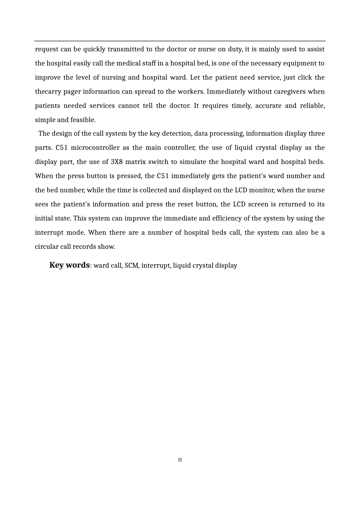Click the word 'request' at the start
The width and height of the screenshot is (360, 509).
pos(47,49)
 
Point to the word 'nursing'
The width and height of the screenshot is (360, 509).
pos(113,78)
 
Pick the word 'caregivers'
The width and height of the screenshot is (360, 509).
pos(287,92)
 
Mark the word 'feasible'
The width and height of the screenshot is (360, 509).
pos(83,120)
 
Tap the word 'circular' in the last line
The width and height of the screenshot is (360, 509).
pos(47,247)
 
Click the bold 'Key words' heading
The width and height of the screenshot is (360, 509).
pos(69,265)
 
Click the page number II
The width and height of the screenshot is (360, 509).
pos(180,460)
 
